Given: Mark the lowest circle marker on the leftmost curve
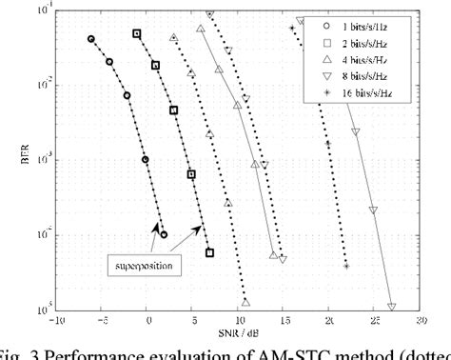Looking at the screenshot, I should pos(164,234).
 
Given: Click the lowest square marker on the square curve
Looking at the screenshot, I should pos(209,253).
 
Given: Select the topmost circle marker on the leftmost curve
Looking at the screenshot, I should pos(91,39).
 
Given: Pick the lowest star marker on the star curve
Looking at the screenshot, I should pos(346,266).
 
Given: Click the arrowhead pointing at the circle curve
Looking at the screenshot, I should pos(154,226).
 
